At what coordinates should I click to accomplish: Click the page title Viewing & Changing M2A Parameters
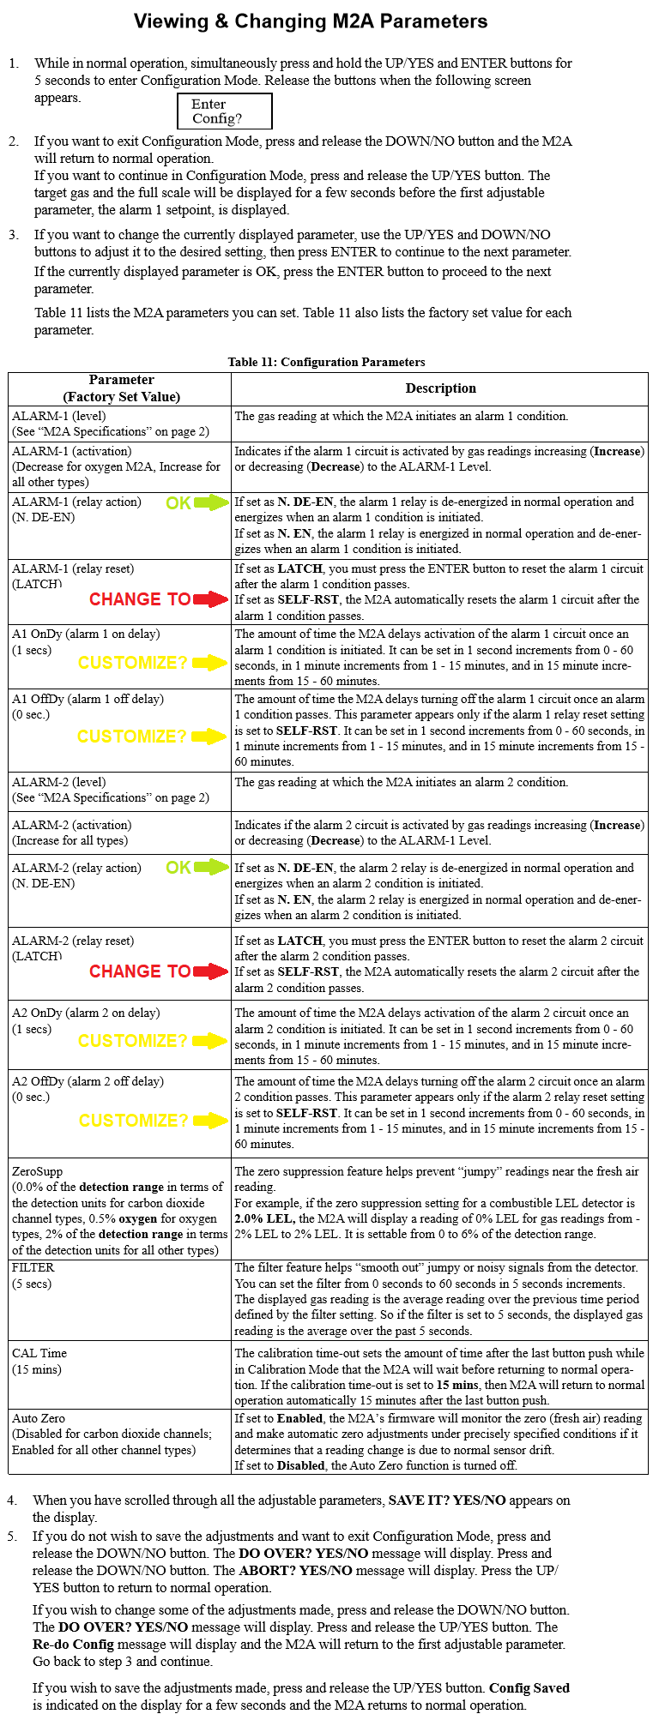pyautogui.click(x=311, y=21)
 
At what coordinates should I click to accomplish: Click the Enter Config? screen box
pyautogui.click(x=224, y=111)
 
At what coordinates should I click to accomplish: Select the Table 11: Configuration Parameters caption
pyautogui.click(x=326, y=362)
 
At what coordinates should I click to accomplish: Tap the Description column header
pyautogui.click(x=440, y=388)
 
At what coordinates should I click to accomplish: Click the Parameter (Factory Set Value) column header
pyautogui.click(x=121, y=388)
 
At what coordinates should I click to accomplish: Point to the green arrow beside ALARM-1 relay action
pyautogui.click(x=212, y=503)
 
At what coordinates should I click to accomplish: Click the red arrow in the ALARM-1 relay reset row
pyautogui.click(x=211, y=599)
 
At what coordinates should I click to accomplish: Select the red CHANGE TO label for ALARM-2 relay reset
pyautogui.click(x=140, y=971)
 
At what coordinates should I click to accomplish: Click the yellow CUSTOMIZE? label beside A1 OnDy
pyautogui.click(x=132, y=663)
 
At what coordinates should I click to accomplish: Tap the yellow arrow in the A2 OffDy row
pyautogui.click(x=210, y=1121)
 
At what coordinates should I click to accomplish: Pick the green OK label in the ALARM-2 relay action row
pyautogui.click(x=178, y=868)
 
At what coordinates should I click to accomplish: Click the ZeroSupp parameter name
pyautogui.click(x=37, y=1171)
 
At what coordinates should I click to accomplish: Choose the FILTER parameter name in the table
pyautogui.click(x=33, y=1267)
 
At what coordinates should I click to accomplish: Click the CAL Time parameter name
pyautogui.click(x=39, y=1353)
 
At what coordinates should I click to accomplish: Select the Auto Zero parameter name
pyautogui.click(x=39, y=1418)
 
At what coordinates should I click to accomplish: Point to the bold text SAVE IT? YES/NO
pyautogui.click(x=446, y=1500)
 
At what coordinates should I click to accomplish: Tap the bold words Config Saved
pyautogui.click(x=529, y=1687)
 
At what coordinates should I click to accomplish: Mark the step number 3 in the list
pyautogui.click(x=13, y=235)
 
